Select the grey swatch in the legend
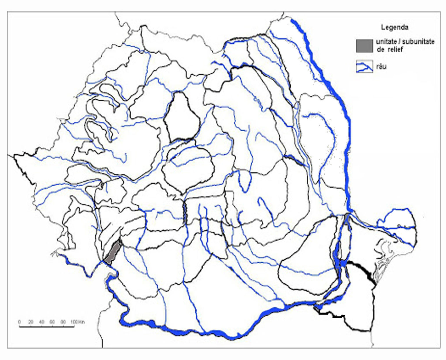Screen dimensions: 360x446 click(364, 46)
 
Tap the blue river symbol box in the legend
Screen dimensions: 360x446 click(364, 67)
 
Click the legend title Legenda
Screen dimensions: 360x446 click(395, 28)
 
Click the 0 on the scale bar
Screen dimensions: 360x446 click(19, 322)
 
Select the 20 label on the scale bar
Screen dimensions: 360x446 click(30, 322)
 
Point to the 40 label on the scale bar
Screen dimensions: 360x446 click(42, 322)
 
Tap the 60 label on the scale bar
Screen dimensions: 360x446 click(52, 322)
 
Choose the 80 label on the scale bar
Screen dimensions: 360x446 click(63, 322)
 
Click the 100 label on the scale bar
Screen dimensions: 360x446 click(74, 322)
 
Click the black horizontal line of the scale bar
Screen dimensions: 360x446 click(46, 327)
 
